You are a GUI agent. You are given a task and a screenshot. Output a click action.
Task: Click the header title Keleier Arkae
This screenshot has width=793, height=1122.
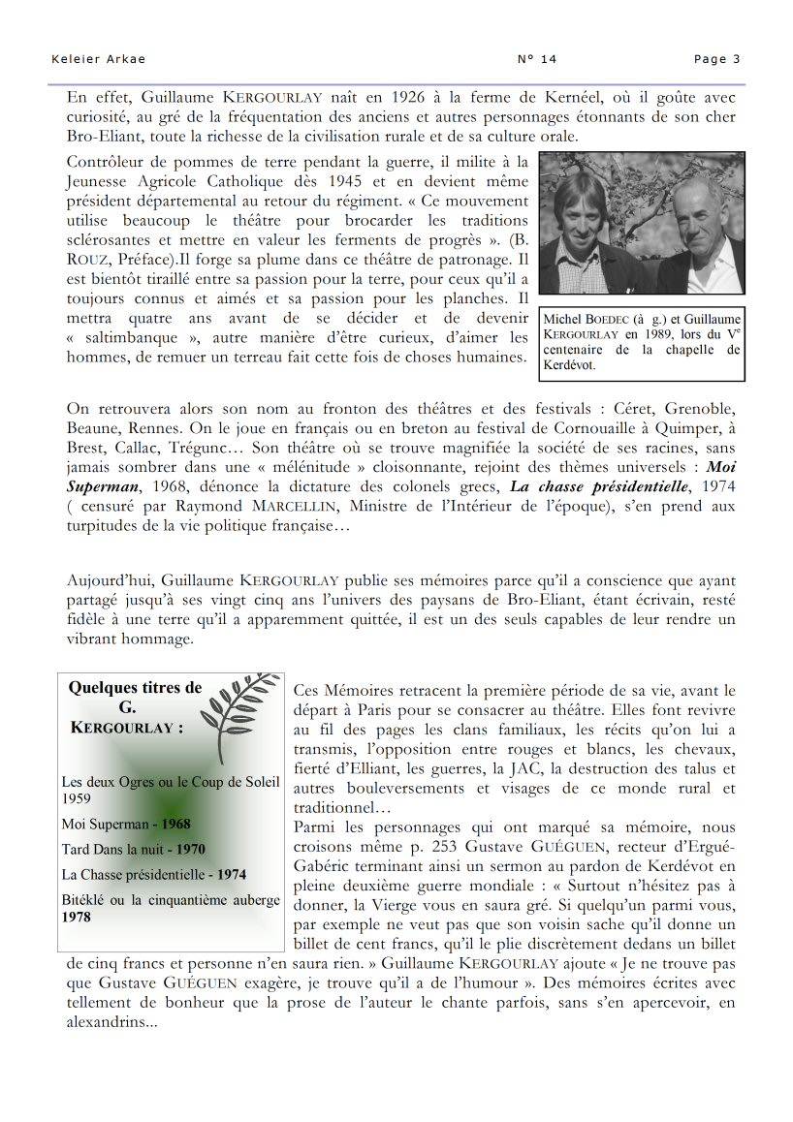tap(98, 59)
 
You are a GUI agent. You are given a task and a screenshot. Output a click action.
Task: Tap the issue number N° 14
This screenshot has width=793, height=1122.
tap(537, 59)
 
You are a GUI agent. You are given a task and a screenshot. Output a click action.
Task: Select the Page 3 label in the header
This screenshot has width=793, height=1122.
tap(716, 59)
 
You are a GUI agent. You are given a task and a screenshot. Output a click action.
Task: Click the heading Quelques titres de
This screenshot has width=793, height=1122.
tap(136, 688)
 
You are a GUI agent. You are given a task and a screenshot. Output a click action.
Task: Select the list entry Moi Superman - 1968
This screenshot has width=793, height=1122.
tap(126, 825)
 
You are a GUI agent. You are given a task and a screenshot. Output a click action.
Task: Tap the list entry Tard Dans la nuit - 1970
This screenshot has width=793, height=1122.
tap(133, 849)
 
